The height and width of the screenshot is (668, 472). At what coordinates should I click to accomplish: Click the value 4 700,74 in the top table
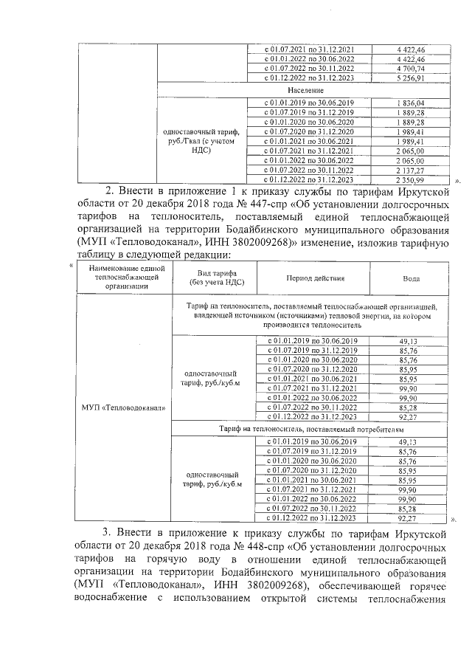click(410, 68)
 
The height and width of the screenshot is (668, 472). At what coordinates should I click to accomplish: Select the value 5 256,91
click(410, 78)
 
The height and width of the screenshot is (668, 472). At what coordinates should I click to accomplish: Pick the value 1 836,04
click(410, 102)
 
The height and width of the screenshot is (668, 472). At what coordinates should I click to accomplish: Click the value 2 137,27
click(410, 169)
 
